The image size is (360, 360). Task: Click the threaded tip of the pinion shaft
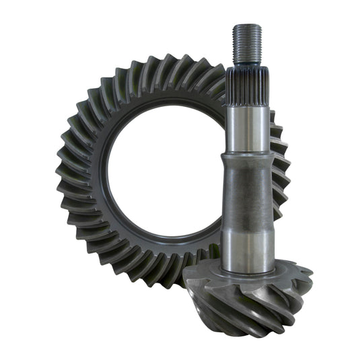[247, 44]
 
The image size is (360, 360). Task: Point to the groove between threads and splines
[247, 66]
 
